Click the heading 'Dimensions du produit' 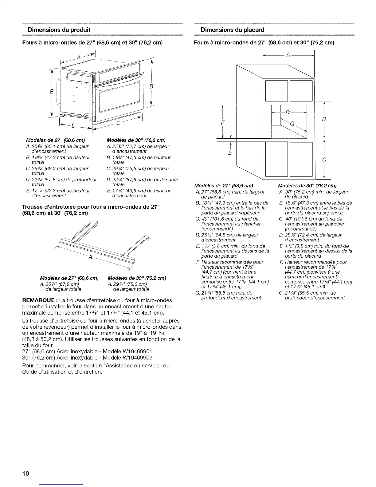59,30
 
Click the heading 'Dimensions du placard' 232,30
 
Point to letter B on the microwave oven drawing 151,87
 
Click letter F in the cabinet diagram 223,122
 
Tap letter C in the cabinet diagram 324,160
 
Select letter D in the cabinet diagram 288,112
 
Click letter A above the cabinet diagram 288,54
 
